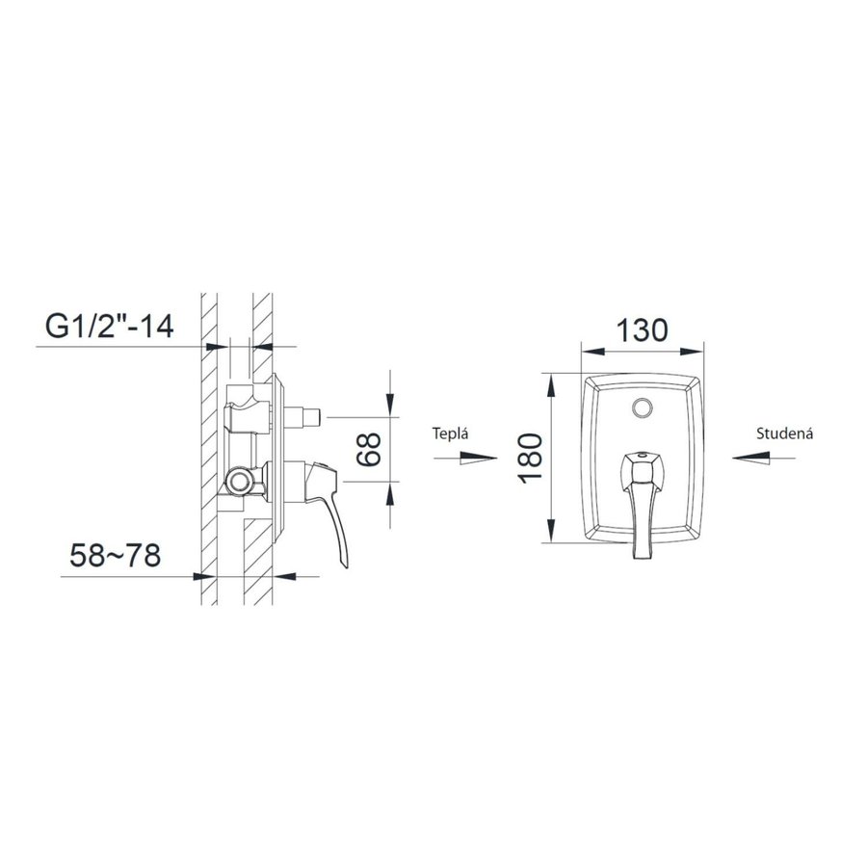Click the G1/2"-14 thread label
(x=110, y=327)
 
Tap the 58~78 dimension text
(x=115, y=555)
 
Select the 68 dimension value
(x=369, y=449)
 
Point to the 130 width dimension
(x=642, y=330)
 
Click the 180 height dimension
(x=531, y=458)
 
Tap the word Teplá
(x=450, y=433)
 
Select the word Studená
(x=784, y=433)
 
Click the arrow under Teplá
(x=465, y=458)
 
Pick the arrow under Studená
(x=764, y=458)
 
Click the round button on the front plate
(x=642, y=408)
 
